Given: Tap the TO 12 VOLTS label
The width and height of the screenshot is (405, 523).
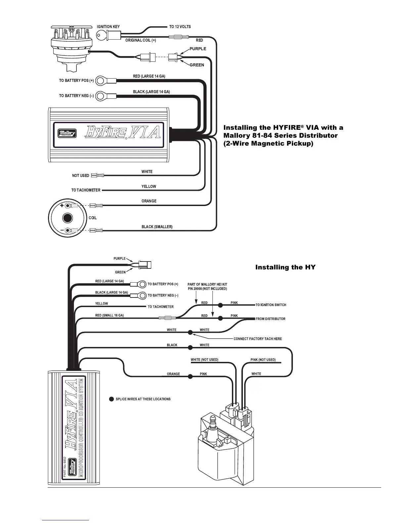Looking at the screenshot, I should click(180, 27).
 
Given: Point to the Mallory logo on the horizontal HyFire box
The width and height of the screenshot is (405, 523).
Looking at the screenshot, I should click(67, 133).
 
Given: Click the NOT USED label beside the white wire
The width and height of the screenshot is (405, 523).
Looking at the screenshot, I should click(81, 176).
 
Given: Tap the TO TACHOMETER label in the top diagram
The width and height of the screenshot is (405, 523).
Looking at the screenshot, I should click(86, 190).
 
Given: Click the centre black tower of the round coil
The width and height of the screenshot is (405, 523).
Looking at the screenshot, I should click(68, 218).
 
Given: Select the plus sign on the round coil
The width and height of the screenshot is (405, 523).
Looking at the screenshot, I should click(62, 206).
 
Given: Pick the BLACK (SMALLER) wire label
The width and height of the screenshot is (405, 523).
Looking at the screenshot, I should click(157, 227).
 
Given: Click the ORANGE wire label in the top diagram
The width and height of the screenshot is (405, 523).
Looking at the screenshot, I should click(149, 201).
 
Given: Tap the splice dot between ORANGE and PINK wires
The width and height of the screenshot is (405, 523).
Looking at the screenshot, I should click(190, 376).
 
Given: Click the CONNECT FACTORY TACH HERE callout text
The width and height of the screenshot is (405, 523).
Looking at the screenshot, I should click(258, 339).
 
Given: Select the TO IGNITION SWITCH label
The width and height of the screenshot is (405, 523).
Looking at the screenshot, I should click(271, 305).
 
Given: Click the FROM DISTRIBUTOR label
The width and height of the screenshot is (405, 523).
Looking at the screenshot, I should click(270, 319).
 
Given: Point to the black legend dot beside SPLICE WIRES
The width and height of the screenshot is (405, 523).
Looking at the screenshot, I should click(112, 399).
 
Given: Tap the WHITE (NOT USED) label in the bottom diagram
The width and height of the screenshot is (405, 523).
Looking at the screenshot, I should click(204, 360).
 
